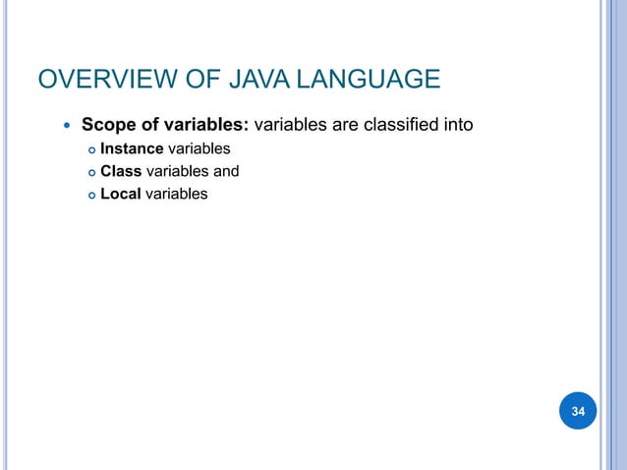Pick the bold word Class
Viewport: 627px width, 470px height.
click(x=122, y=172)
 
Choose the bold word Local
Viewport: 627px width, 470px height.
click(x=121, y=194)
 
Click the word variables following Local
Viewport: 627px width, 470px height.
click(x=177, y=194)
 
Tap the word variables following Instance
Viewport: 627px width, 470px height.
click(x=199, y=149)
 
